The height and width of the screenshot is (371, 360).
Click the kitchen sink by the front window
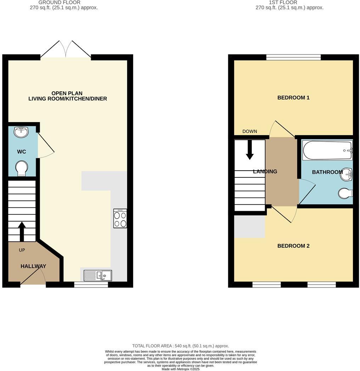point(98,275)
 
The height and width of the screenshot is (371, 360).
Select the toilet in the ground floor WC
point(22,168)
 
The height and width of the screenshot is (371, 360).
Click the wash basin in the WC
point(21,132)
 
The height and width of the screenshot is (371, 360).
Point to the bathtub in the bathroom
point(327,150)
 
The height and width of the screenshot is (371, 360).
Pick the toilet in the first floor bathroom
point(345,193)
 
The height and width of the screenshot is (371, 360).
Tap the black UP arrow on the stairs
point(22,231)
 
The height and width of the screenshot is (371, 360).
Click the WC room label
point(22,152)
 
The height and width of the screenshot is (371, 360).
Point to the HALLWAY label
point(33,266)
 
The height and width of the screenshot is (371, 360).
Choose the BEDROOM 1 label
point(293,97)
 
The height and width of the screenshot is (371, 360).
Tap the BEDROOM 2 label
point(293,246)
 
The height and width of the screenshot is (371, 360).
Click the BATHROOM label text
point(327,172)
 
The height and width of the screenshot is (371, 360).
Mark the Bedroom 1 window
point(293,57)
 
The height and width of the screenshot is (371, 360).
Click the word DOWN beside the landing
point(249,131)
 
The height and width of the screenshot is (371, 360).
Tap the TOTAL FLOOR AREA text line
point(180,346)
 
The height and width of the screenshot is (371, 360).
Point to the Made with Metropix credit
point(180,369)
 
